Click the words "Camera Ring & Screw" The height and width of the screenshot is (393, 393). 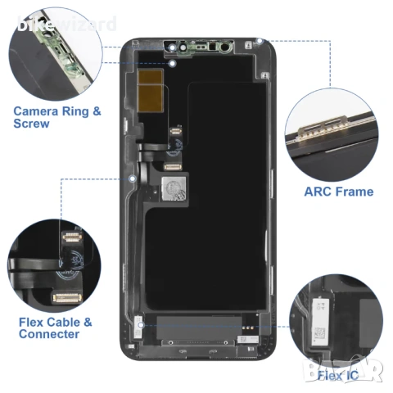point(57,116)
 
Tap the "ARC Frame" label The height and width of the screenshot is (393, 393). point(338,192)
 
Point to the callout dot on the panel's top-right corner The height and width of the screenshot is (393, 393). point(260,40)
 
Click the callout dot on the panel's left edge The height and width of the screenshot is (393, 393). point(132,175)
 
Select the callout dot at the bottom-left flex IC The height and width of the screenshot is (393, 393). point(142,325)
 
